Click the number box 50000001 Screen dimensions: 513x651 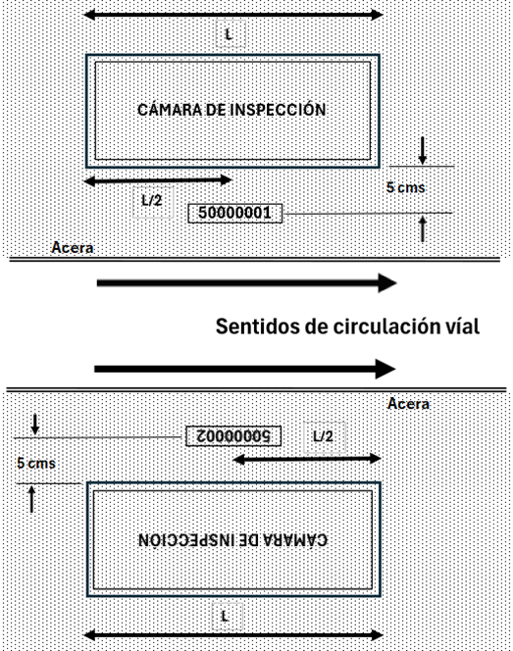pos(235,213)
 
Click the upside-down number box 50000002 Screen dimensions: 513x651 pos(233,436)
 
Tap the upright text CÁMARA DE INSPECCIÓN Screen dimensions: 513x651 pos(231,110)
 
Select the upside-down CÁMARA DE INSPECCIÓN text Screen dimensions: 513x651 pos(232,540)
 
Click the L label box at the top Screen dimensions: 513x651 pos(231,34)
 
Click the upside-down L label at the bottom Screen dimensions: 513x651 pos(227,616)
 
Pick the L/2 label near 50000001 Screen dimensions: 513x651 pos(152,201)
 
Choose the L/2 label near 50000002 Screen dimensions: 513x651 pos(324,437)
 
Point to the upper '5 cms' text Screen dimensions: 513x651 pos(405,187)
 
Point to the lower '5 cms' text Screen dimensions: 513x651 pos(36,463)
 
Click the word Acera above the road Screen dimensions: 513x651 pos(73,248)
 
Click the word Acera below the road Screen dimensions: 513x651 pos(408,404)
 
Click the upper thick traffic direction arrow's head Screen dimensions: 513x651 pos(387,283)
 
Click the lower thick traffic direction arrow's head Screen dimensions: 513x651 pos(385,369)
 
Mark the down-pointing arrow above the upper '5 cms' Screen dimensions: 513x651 pos(423,151)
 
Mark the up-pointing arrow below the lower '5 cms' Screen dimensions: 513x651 pos(31,499)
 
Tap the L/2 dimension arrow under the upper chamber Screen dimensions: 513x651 pos(158,180)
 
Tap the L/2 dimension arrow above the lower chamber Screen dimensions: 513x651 pos(307,459)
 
